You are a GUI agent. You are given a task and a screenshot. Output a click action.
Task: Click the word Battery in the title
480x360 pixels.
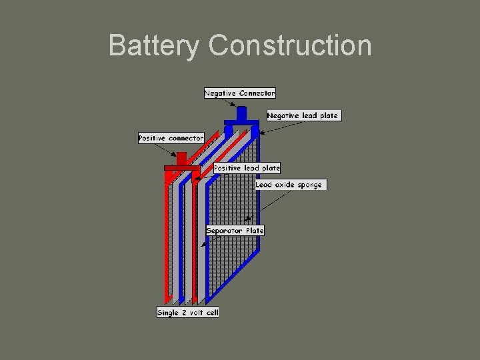pyautogui.click(x=153, y=46)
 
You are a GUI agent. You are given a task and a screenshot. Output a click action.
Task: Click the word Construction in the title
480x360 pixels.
pyautogui.click(x=290, y=46)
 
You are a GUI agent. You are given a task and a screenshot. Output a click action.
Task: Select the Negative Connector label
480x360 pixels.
pyautogui.click(x=239, y=93)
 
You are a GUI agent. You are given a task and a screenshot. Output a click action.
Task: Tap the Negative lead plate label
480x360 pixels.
pyautogui.click(x=303, y=115)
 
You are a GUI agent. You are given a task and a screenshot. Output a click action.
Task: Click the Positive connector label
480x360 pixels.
pyautogui.click(x=171, y=138)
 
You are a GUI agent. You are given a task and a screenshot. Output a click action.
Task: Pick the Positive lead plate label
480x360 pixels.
pyautogui.click(x=247, y=168)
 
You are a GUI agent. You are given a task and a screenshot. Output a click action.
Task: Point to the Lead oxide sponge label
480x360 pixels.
pyautogui.click(x=291, y=185)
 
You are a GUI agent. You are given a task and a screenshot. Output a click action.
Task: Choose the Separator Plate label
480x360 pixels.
pyautogui.click(x=235, y=231)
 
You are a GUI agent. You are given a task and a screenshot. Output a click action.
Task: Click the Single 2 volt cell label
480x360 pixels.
pyautogui.click(x=187, y=312)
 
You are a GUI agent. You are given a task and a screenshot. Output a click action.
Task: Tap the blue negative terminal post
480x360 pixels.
pyautogui.click(x=241, y=113)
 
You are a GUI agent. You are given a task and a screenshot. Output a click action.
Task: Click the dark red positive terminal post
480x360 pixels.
pyautogui.click(x=181, y=159)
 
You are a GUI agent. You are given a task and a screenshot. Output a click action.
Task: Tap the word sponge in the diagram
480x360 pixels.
pyautogui.click(x=309, y=185)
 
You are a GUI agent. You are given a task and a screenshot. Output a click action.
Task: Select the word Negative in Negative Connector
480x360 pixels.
pyautogui.click(x=221, y=93)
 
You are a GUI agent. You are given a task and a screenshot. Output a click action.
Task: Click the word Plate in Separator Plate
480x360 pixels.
pyautogui.click(x=255, y=231)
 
